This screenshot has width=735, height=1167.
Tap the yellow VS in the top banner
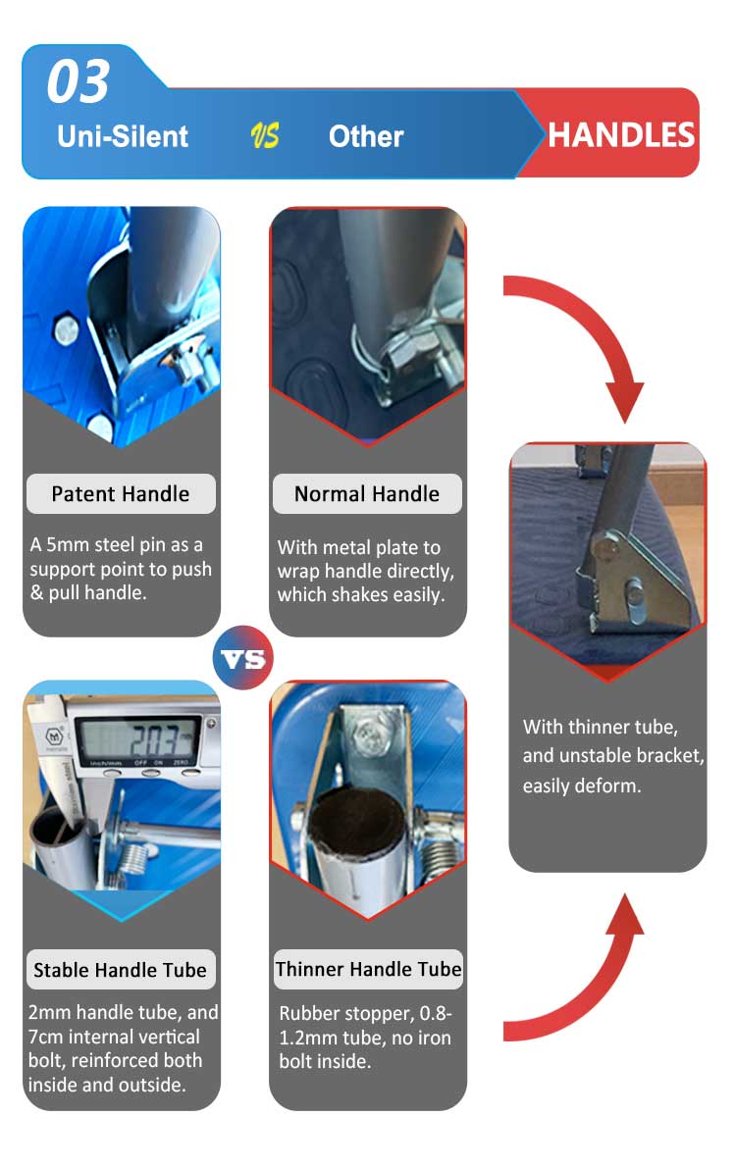coord(264,135)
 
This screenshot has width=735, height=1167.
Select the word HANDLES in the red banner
coord(620,135)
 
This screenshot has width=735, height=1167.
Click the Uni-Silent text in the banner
coord(123,136)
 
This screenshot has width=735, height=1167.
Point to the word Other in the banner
coord(366,136)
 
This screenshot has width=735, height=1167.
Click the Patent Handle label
coord(121,494)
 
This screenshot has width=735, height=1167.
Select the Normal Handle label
coord(367,494)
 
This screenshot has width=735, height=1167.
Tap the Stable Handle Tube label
coord(120,970)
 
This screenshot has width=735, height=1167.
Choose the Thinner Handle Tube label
coord(368,969)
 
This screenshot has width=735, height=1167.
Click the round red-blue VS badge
coord(243,658)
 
